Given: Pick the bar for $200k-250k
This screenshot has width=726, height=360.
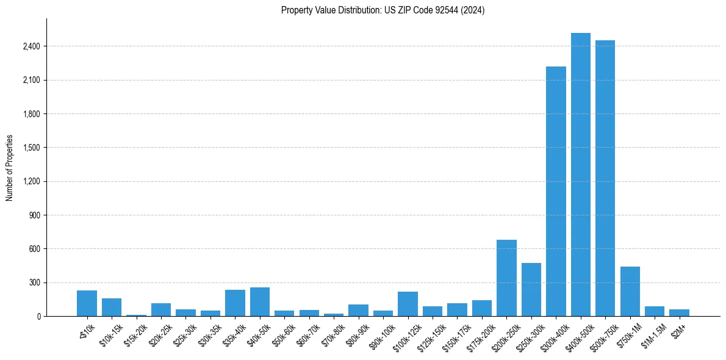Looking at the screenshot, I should point(506,278).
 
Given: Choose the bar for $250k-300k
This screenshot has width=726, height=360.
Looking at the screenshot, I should point(531,290).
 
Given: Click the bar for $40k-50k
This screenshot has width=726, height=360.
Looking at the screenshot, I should point(260,302).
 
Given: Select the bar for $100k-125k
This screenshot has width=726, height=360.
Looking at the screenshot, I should point(408,304).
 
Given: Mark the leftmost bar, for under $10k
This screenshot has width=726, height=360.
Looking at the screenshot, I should point(87,303).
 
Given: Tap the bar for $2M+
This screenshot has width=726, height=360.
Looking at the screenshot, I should point(679,312).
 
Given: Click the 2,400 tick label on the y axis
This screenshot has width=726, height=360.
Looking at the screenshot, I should point(31,46).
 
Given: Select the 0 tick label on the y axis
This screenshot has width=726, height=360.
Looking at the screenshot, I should point(38,317).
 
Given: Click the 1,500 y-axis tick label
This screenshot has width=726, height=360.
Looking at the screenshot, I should point(31,148).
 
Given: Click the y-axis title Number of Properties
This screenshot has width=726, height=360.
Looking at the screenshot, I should point(10,167).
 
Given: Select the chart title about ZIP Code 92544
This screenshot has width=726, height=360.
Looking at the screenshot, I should point(383,10).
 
